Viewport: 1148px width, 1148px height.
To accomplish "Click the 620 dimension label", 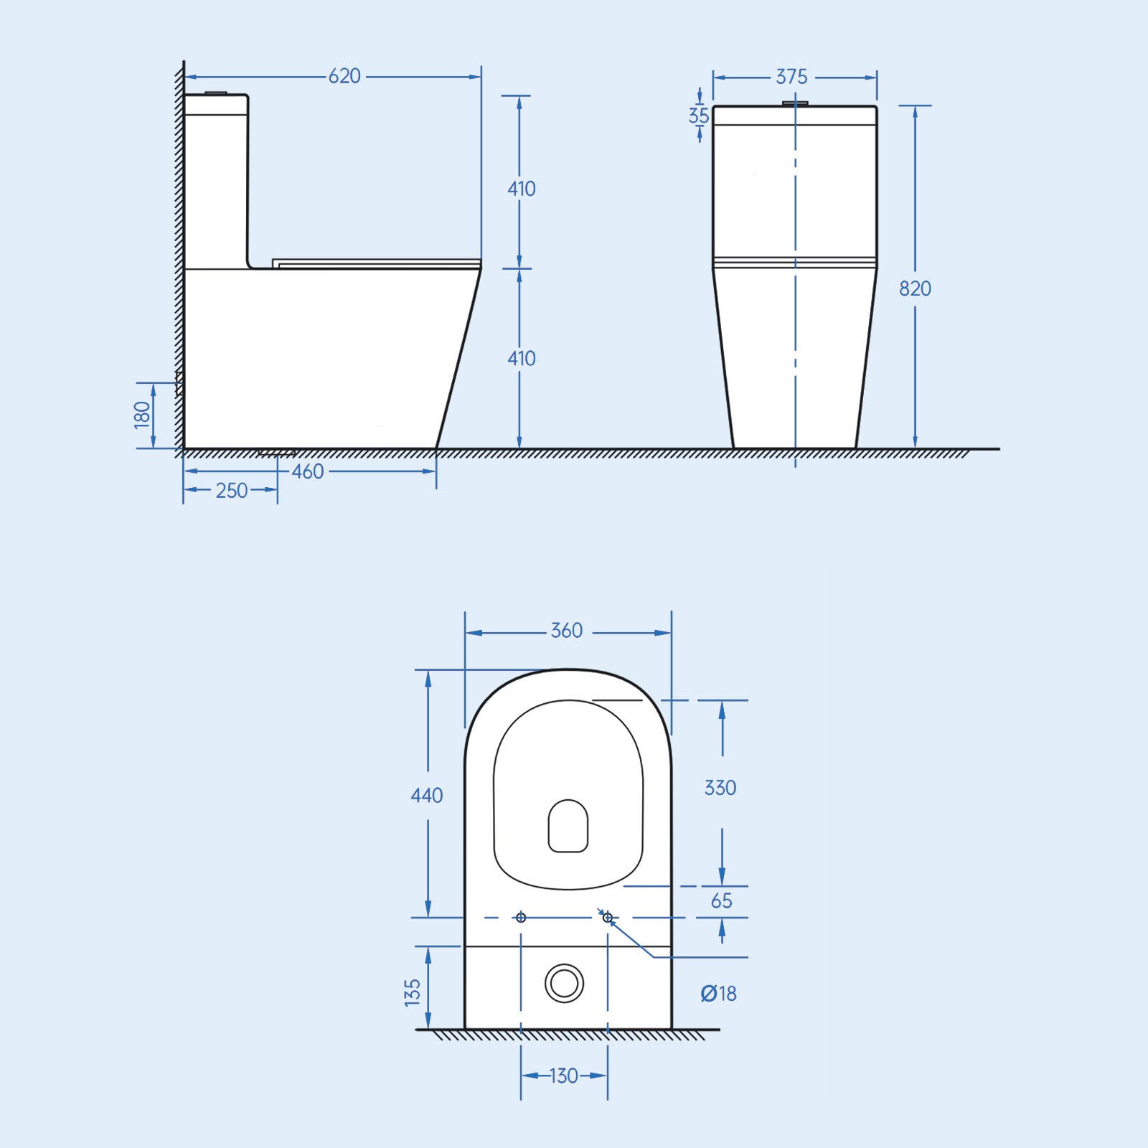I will tap(344, 76).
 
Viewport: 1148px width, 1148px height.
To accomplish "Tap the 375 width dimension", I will tap(791, 77).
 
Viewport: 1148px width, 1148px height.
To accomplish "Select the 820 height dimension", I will tap(915, 288).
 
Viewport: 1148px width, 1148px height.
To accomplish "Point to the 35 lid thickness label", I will tap(698, 116).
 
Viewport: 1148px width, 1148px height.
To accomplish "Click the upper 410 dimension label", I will tap(522, 189).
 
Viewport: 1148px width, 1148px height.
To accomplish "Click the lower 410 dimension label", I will tap(522, 358).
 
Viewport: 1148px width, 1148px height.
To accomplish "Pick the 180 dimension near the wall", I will tap(142, 415).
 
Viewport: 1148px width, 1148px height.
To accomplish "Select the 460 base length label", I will tap(308, 471).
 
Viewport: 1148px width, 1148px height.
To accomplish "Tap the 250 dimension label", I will tap(231, 491).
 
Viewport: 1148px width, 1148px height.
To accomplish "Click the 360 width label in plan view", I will tap(566, 631).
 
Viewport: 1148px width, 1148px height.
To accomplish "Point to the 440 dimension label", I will tap(426, 795).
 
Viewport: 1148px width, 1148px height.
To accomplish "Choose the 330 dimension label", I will tap(720, 788).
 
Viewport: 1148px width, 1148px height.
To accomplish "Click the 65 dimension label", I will tap(721, 901).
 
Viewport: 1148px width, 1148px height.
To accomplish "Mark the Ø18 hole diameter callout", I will tap(718, 994).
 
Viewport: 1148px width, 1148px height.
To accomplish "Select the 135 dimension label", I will tap(412, 992).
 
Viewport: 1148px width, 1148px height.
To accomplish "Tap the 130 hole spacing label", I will tap(563, 1076).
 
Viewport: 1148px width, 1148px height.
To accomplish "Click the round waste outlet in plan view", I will tap(564, 983).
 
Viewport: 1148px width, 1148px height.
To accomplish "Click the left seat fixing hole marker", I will tap(521, 918).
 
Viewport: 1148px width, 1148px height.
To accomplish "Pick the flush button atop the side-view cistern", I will tap(216, 93).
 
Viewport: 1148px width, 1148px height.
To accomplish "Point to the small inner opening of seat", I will tap(568, 826).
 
